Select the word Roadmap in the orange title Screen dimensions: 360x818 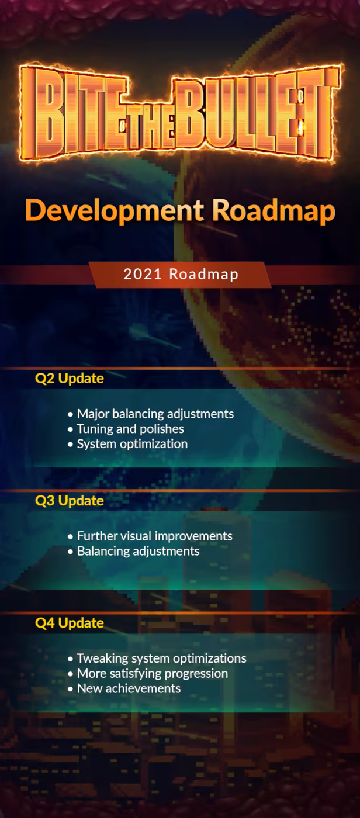[274, 211]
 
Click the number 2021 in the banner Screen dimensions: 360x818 [143, 274]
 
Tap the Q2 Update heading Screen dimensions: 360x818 [70, 379]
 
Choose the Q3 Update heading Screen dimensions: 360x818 [70, 501]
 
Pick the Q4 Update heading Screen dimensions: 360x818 [70, 623]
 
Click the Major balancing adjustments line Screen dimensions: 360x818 [155, 414]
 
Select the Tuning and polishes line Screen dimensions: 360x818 [130, 429]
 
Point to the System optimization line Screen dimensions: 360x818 [132, 444]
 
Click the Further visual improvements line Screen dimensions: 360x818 [155, 536]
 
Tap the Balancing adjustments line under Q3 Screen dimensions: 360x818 [139, 551]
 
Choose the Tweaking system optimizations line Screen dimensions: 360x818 [162, 658]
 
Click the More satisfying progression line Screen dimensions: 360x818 [153, 673]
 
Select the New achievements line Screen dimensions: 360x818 [129, 688]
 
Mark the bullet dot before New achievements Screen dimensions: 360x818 [71, 689]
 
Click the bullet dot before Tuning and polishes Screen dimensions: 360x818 [71, 429]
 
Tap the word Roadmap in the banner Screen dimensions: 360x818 [204, 275]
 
